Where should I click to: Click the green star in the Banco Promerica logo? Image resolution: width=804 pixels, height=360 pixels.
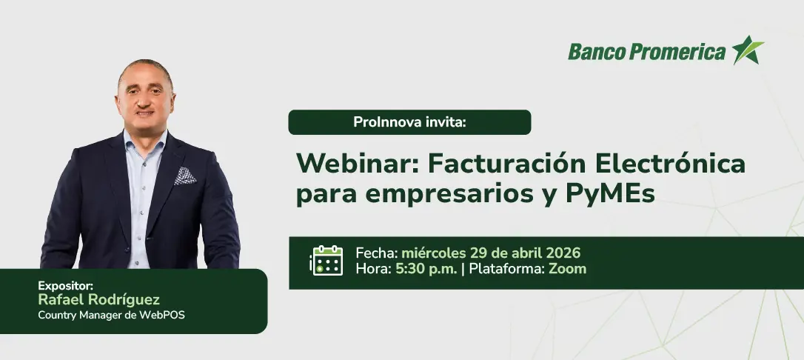(x=748, y=50)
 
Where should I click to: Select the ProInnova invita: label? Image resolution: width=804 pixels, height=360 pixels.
(x=409, y=122)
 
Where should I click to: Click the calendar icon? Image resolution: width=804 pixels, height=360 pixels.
(x=326, y=261)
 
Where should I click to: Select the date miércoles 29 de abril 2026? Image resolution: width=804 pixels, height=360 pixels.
(x=491, y=253)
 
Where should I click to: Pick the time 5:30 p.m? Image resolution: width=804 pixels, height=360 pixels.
(x=426, y=269)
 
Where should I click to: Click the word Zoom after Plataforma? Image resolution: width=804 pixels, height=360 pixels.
(x=568, y=269)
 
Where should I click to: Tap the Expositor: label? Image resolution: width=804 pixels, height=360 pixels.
(x=65, y=286)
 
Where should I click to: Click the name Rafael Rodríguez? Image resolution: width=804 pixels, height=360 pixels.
(x=99, y=299)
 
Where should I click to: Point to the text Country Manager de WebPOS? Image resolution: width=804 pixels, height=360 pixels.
(x=111, y=316)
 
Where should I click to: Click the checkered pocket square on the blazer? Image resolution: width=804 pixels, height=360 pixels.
(x=184, y=176)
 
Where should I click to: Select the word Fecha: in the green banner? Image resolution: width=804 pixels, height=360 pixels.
(x=376, y=253)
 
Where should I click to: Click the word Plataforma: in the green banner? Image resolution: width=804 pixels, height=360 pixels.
(x=506, y=269)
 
